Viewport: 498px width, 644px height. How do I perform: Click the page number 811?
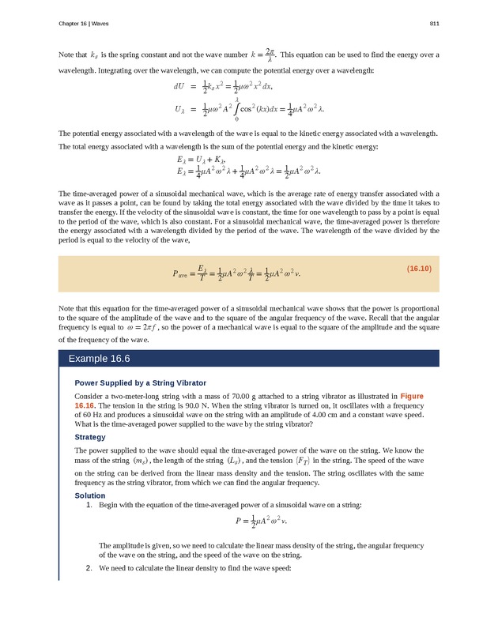tap(434, 24)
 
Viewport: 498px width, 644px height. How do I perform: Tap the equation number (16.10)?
tap(418, 269)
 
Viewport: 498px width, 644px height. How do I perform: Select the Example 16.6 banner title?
tap(99, 358)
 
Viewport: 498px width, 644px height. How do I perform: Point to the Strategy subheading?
tap(90, 437)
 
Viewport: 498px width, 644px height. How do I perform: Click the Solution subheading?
tap(89, 495)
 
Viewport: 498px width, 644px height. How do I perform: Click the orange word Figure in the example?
tap(417, 394)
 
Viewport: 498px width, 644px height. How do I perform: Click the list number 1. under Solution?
tap(89, 504)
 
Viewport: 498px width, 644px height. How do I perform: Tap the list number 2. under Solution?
tap(89, 567)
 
